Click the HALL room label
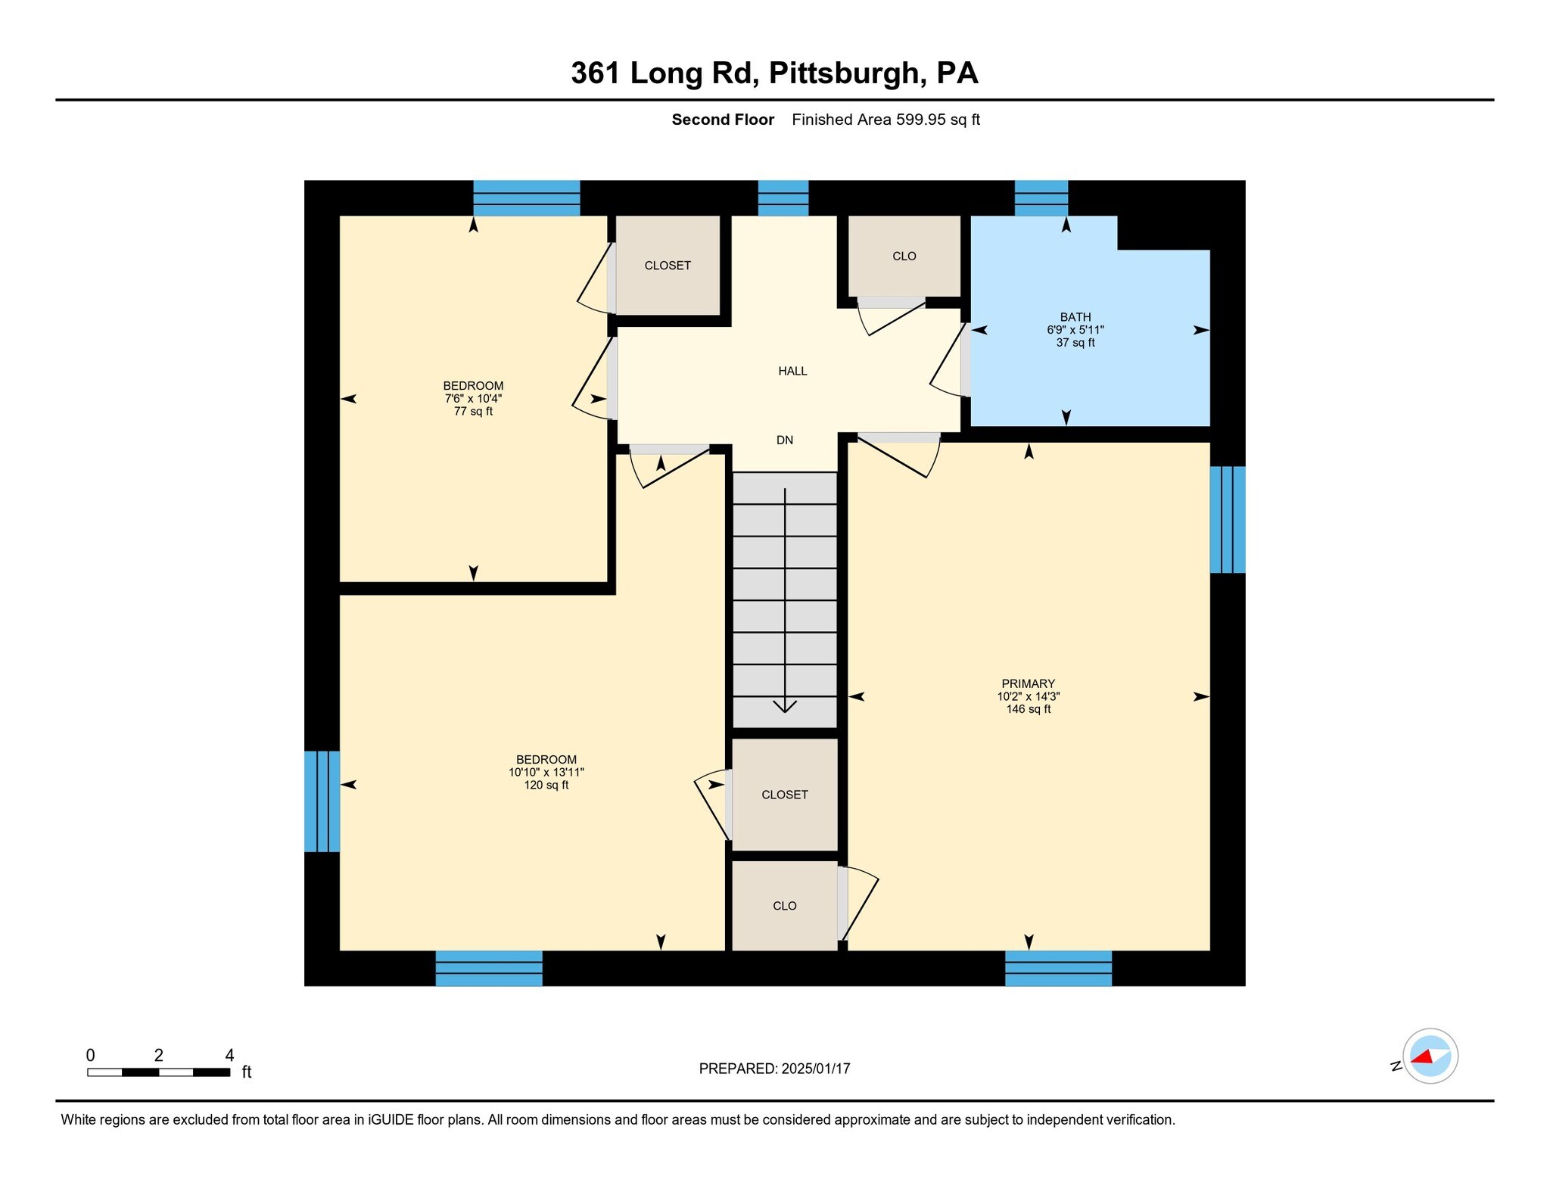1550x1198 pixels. tap(792, 371)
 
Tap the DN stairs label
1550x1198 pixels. tap(785, 440)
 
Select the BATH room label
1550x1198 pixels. tap(1075, 317)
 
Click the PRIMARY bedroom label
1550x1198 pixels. tap(1028, 683)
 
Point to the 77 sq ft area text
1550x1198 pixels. tap(473, 412)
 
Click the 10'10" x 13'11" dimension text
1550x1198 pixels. tap(546, 773)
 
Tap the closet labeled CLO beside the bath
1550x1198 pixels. tap(904, 256)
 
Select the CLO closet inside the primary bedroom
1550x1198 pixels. tap(784, 906)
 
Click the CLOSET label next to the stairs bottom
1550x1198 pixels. tap(784, 795)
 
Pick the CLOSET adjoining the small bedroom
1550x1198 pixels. tap(667, 266)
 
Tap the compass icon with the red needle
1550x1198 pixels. tap(1430, 1056)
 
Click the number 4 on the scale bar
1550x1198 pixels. tap(229, 1055)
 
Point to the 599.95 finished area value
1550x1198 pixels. tap(920, 120)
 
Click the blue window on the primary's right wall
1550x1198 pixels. tap(1227, 519)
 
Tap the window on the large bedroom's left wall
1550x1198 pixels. tap(322, 801)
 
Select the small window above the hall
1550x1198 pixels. tap(783, 198)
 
